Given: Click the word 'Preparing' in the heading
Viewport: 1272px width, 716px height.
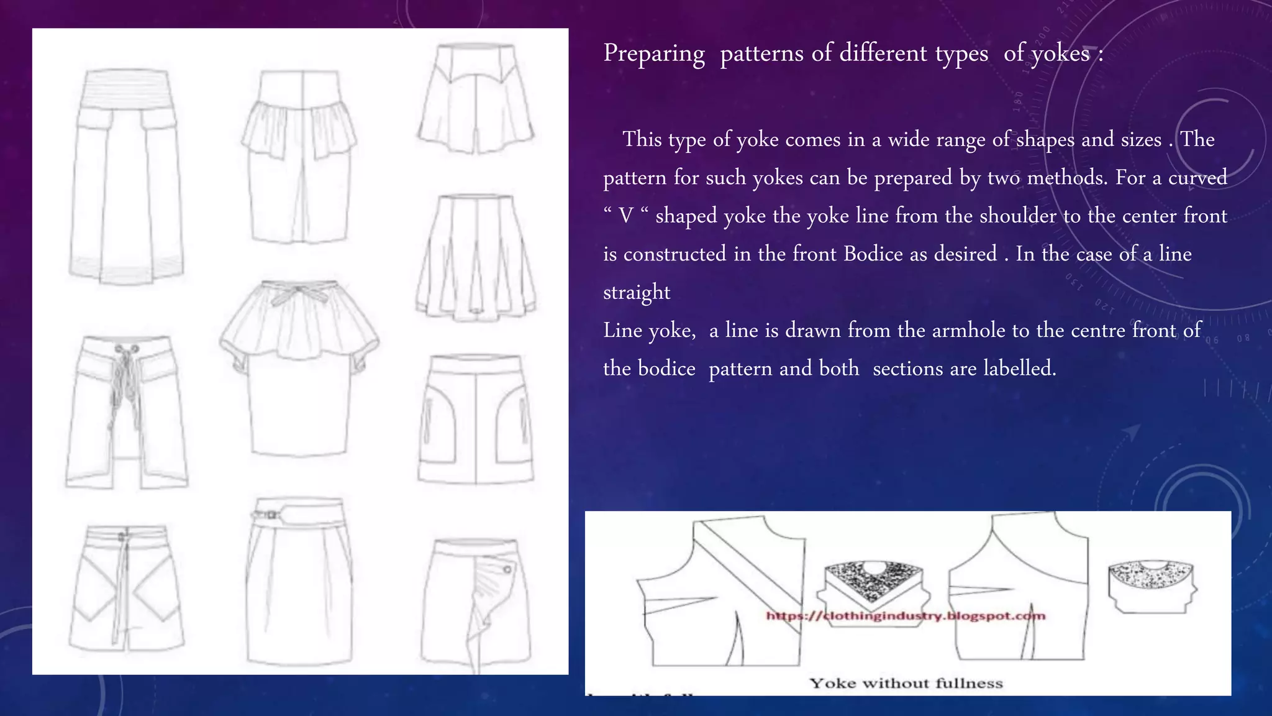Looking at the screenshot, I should [653, 54].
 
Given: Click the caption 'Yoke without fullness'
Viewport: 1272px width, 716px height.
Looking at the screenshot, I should [906, 683].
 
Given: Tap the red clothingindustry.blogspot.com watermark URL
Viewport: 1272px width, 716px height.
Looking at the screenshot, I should [906, 616].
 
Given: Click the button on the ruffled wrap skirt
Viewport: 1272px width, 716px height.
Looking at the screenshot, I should [507, 569].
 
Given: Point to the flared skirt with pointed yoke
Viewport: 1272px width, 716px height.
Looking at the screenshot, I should [476, 99].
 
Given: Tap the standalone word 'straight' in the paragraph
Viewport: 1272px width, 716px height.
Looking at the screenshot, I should [637, 293].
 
